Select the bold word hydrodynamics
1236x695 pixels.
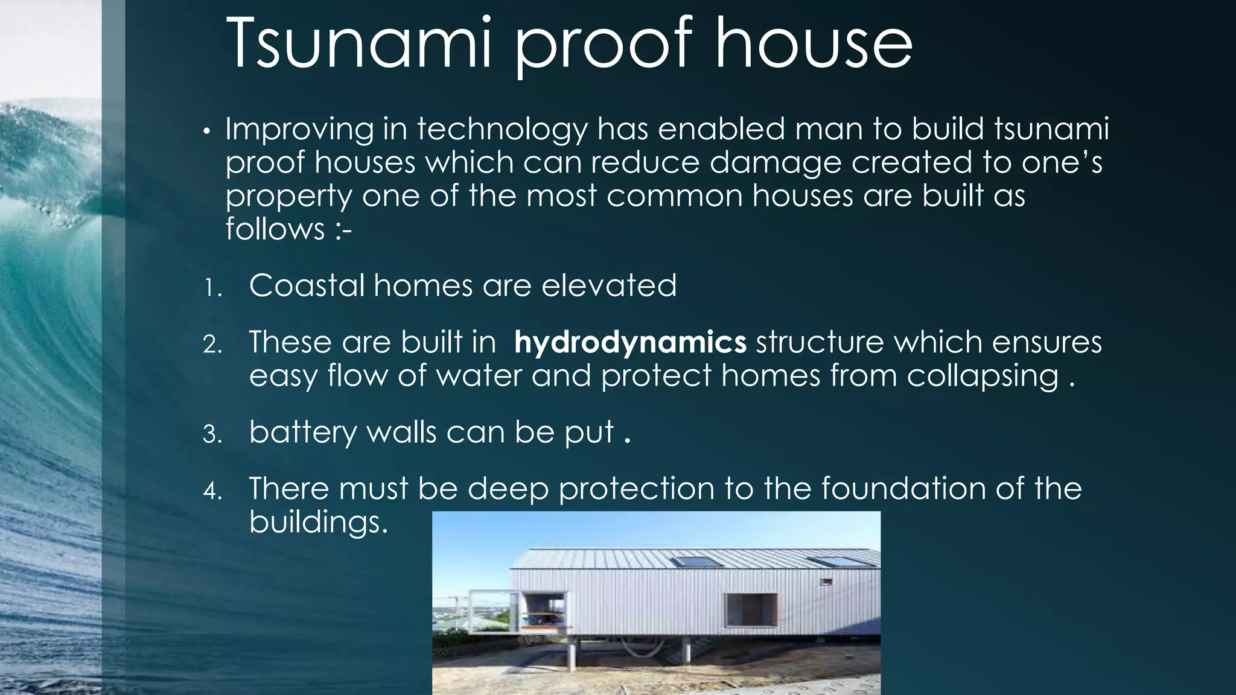coord(630,343)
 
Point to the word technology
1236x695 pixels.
coord(502,130)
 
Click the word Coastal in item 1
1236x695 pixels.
coord(307,285)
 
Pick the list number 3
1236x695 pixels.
coord(212,434)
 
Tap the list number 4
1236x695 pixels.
coord(212,490)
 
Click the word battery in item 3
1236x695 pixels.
coord(303,433)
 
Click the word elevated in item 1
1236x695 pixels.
coord(609,285)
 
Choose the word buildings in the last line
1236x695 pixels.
coord(317,522)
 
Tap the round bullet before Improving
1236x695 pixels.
coord(206,132)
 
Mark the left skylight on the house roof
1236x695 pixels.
coord(697,562)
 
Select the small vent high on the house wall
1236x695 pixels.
coord(826,582)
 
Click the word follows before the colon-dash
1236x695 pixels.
coord(275,230)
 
